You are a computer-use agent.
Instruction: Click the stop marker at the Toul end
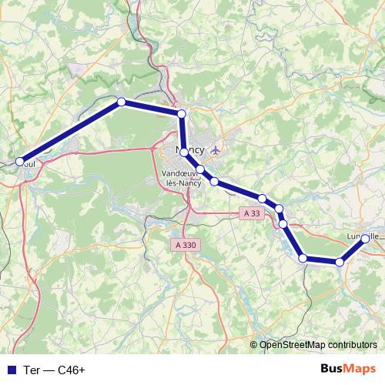click(20, 162)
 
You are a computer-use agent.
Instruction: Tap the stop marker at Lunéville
click(364, 239)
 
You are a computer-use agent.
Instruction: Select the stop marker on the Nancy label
click(184, 152)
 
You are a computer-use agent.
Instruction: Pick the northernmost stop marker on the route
click(121, 102)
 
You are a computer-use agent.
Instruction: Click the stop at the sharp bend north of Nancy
click(182, 114)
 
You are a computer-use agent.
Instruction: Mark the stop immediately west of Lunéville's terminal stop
click(340, 263)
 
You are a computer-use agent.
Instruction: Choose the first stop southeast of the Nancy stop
click(199, 169)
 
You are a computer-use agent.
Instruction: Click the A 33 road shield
click(249, 213)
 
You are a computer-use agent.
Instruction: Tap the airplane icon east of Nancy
click(215, 149)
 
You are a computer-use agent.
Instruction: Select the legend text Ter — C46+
click(54, 370)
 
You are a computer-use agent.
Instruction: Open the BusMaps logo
click(348, 369)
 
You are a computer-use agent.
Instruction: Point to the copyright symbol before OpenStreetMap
click(255, 345)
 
